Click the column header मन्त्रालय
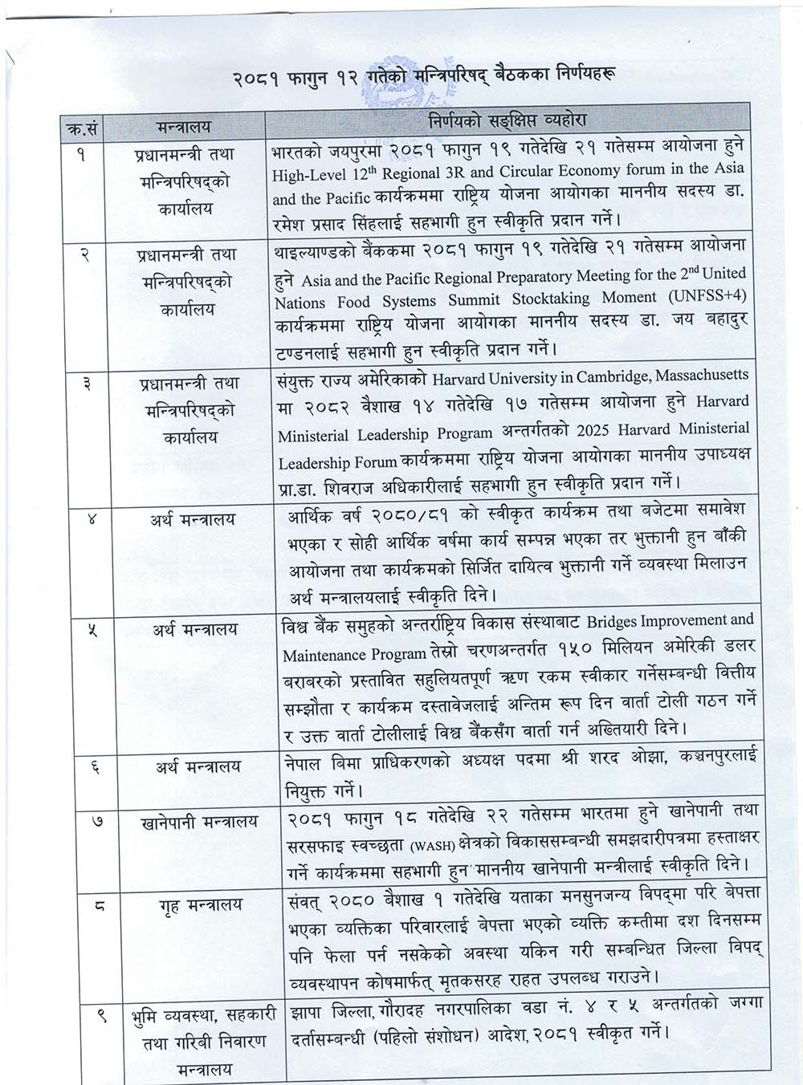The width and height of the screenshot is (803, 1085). (185, 126)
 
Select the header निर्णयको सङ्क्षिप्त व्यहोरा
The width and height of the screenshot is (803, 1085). (507, 120)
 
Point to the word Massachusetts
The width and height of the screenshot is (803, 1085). (699, 375)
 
